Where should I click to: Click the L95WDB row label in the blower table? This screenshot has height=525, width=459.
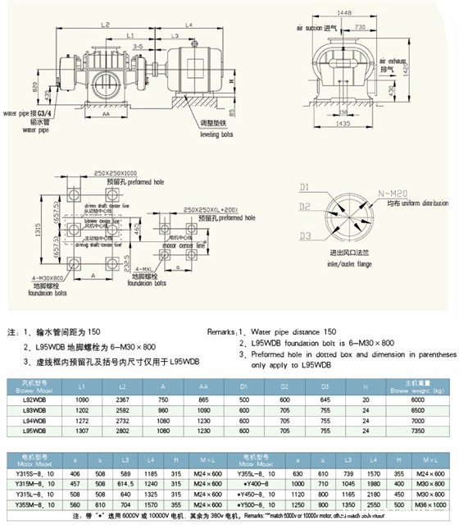coord(33,429)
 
